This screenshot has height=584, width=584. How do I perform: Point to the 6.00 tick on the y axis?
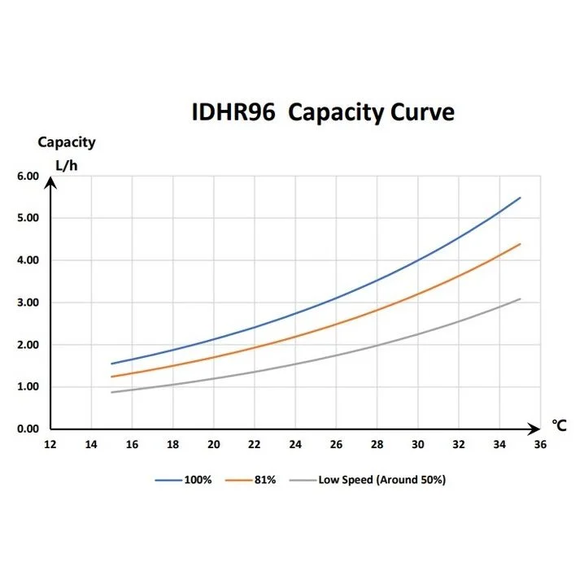[x=28, y=176]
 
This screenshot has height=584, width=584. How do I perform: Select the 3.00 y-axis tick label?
[x=28, y=303]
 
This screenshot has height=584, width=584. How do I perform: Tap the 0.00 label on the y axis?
[x=28, y=429]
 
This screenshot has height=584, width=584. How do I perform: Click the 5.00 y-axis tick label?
[x=28, y=218]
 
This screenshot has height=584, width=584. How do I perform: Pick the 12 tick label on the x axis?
[x=50, y=444]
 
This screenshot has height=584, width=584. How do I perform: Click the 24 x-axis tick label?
[x=295, y=444]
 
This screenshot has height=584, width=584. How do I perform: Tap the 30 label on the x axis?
[x=418, y=444]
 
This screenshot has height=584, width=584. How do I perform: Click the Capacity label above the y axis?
[x=66, y=142]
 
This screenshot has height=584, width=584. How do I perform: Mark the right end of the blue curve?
[x=520, y=198]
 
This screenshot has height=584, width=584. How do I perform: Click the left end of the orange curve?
[x=111, y=377]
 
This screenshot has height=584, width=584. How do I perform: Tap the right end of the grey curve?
[x=520, y=299]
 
